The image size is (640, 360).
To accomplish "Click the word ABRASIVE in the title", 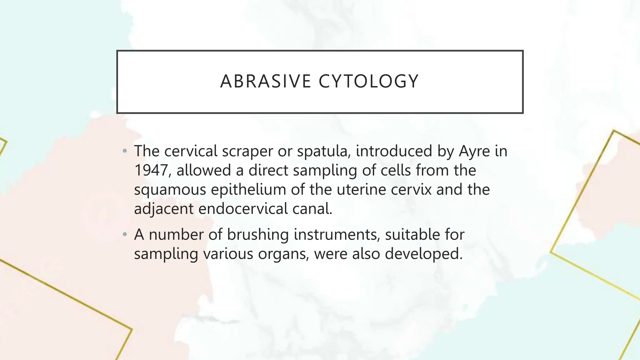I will tap(266, 81).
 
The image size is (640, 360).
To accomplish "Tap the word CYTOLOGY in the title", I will tap(369, 81).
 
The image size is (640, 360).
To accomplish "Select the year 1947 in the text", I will tap(152, 170).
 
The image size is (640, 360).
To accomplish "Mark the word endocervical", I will tap(243, 209).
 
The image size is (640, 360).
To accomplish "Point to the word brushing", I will tap(258, 235).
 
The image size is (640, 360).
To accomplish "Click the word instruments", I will tap(337, 234).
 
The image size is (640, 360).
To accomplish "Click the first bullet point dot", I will tap(125, 152).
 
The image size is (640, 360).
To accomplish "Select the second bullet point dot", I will tap(125, 235).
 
